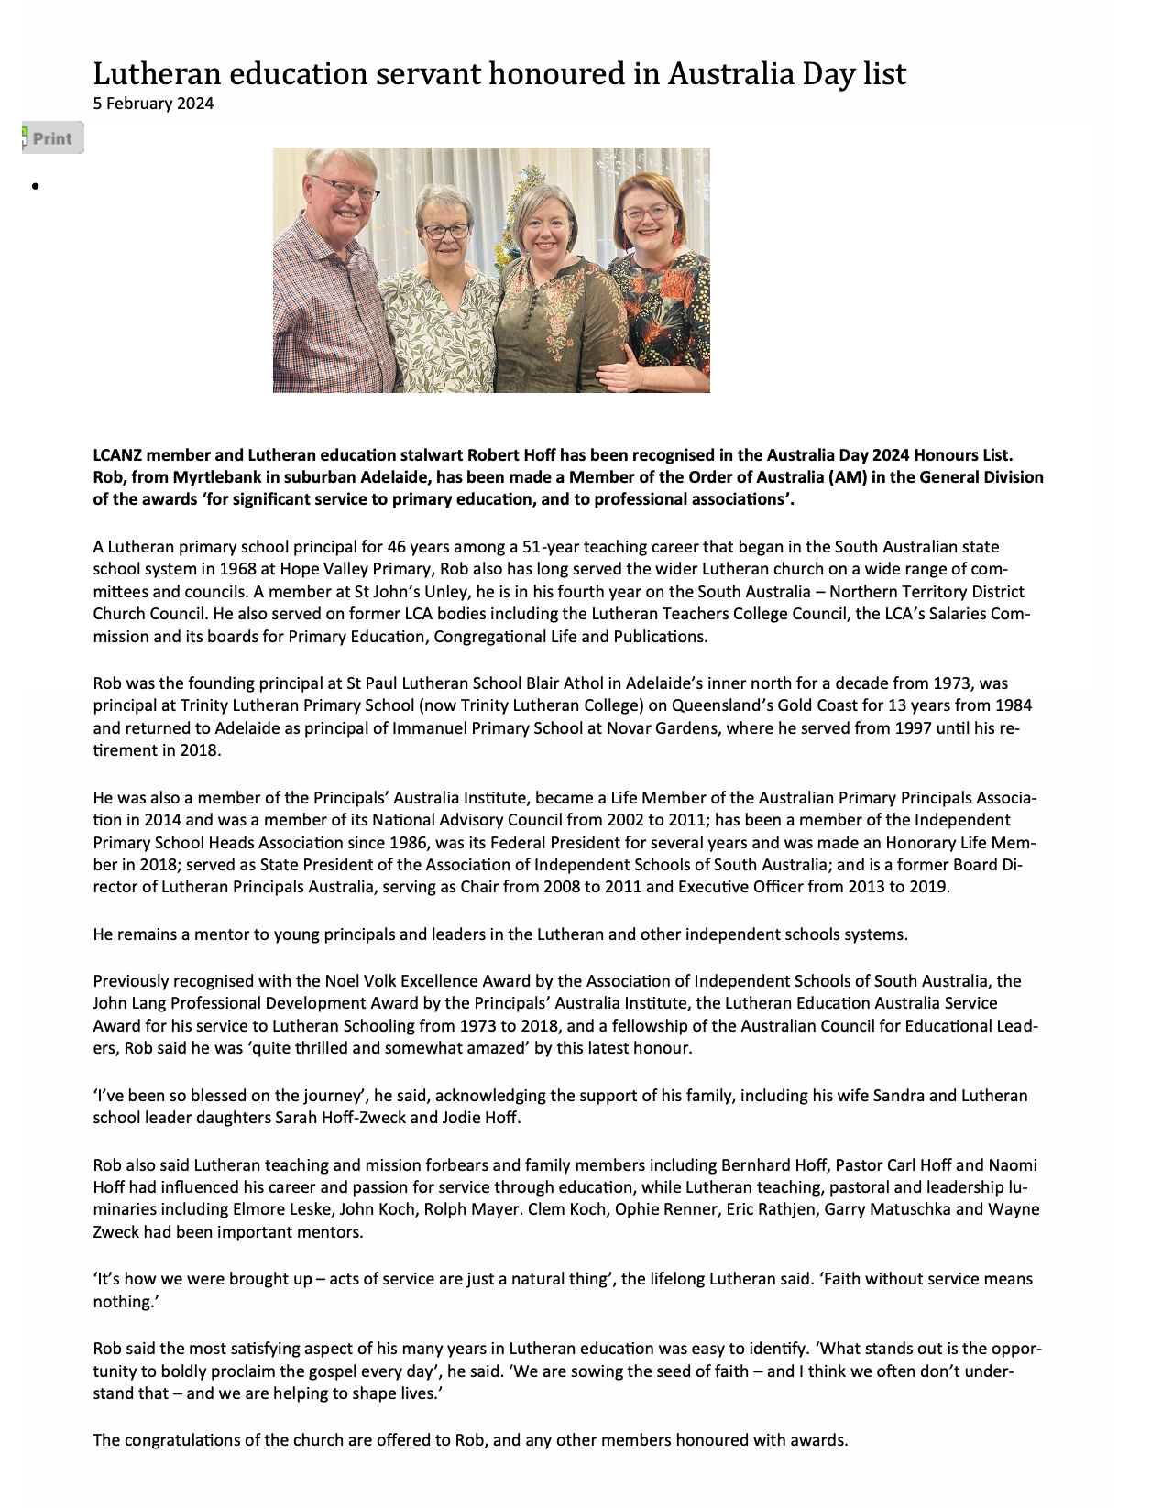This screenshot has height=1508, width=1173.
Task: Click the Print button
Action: coord(52,138)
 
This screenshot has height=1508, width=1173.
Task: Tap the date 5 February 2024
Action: coord(153,104)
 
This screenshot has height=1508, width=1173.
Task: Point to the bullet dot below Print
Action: coord(35,187)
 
